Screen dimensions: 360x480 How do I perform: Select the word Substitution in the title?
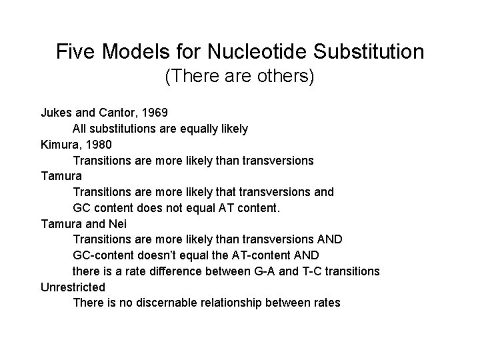(360, 51)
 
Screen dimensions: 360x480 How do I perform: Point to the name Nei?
(117, 223)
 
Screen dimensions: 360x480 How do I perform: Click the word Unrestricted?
(73, 287)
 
